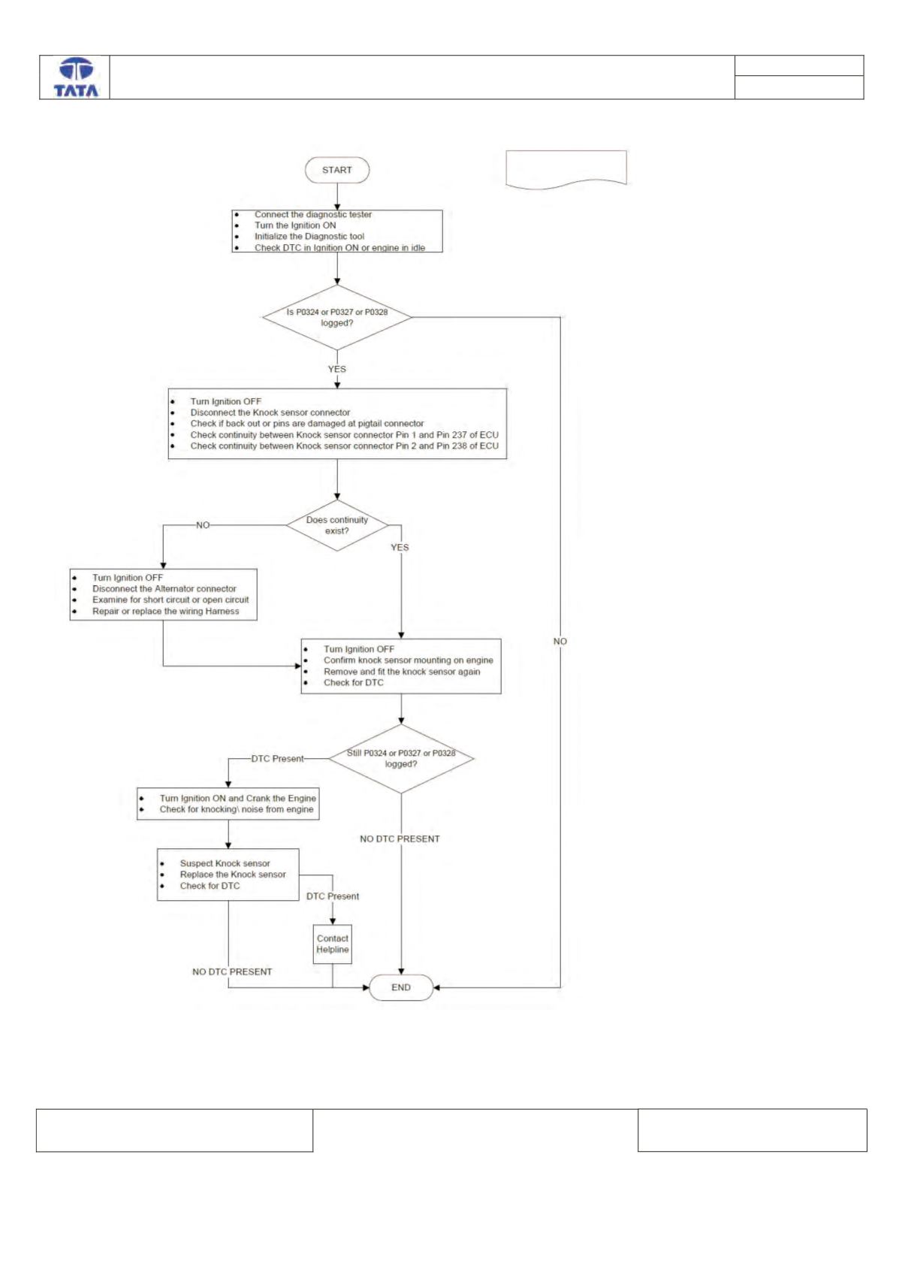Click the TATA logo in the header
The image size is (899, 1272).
[x=76, y=77]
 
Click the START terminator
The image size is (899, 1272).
[x=337, y=171]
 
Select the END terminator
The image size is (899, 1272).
[x=401, y=987]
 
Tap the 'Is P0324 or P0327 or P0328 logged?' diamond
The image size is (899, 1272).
[x=337, y=317]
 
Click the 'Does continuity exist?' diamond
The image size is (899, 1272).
[x=337, y=525]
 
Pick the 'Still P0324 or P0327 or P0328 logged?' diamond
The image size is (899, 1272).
[x=401, y=759]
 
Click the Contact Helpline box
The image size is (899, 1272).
[x=333, y=944]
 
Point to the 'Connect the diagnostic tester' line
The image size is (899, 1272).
[x=312, y=215]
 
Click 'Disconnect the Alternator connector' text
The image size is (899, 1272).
[x=164, y=589]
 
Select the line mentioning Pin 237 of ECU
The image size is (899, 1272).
[x=345, y=435]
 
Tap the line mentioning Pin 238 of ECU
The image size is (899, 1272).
[x=345, y=446]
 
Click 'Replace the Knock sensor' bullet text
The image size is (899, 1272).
[x=233, y=875]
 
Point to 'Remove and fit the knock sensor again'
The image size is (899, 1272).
[x=402, y=672]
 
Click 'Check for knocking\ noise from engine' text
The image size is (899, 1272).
[x=236, y=809]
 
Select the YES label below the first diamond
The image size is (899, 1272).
[x=337, y=369]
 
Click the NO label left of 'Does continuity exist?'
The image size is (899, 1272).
[x=203, y=525]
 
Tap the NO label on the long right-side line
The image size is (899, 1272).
[x=560, y=641]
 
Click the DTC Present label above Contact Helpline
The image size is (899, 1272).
[x=333, y=896]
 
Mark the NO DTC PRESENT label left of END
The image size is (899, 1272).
[x=232, y=971]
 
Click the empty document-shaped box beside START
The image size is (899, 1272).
[x=566, y=169]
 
